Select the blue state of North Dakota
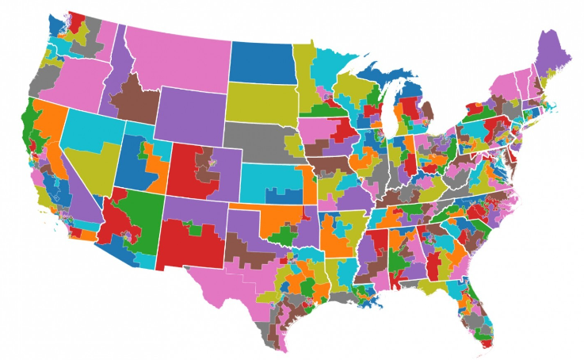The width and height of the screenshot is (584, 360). (x=263, y=60)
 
